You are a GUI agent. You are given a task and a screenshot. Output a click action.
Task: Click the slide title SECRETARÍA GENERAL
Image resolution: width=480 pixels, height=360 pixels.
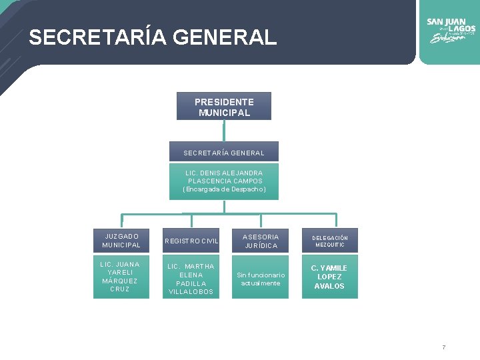[x=153, y=37]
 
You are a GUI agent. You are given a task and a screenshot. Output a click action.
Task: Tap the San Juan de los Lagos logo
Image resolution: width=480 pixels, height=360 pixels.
[x=451, y=31]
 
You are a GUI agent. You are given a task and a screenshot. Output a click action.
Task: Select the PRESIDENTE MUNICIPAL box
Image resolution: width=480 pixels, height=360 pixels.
[x=224, y=107]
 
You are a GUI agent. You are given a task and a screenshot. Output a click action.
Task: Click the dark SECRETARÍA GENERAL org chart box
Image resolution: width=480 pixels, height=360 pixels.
[x=224, y=153]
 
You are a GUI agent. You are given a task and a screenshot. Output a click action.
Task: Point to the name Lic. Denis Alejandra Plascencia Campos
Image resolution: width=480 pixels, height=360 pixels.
[x=224, y=177]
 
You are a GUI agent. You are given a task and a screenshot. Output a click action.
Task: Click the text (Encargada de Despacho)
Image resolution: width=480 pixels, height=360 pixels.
[x=224, y=189]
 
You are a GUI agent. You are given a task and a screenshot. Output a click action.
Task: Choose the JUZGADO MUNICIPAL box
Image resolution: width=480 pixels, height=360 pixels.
[x=121, y=241]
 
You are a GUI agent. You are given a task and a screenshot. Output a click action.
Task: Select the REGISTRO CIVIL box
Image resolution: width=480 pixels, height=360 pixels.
[x=192, y=241]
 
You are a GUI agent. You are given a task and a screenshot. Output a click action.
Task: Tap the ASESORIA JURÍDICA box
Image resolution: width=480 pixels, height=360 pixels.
[x=260, y=241]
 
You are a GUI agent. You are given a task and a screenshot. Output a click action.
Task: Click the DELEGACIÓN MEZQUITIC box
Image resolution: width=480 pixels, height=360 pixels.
[x=330, y=241]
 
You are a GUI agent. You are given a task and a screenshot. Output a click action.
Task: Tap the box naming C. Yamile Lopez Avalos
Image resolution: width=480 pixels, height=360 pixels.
[x=330, y=277]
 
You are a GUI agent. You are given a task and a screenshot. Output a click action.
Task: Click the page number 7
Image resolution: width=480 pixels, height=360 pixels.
[x=443, y=347]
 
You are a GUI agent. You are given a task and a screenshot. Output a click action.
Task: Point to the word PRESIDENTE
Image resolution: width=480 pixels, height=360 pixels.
[x=224, y=102]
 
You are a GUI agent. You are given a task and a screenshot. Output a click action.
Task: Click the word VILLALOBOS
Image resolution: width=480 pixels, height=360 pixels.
[x=191, y=292]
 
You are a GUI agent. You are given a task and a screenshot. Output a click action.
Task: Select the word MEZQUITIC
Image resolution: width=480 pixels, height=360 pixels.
[x=330, y=245]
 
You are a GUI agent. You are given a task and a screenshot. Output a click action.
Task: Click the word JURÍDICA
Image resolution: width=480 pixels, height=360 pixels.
[x=260, y=245]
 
